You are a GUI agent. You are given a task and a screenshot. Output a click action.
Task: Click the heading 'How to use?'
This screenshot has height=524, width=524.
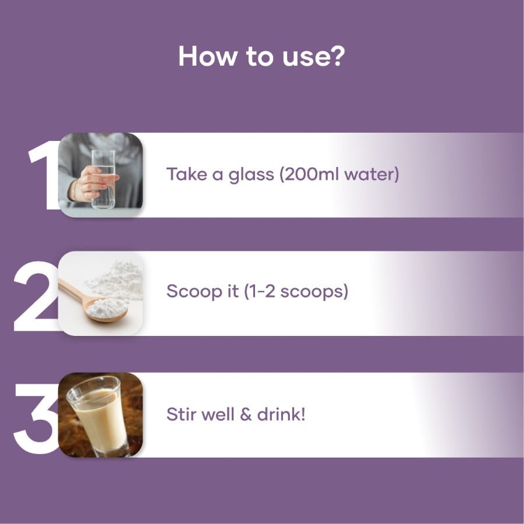coord(261,56)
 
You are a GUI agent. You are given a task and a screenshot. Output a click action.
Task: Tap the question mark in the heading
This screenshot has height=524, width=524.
coord(335,56)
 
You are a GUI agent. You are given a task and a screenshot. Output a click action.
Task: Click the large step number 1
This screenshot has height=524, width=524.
coord(44,175)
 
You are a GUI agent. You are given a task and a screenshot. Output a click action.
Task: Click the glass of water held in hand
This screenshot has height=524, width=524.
coord(103,179)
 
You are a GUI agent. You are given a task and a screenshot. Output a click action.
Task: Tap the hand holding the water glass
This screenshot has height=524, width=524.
coord(90,184)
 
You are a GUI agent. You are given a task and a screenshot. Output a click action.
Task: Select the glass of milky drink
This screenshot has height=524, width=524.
coord(97,416)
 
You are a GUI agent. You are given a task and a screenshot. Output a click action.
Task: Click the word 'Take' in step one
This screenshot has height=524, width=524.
coord(187,174)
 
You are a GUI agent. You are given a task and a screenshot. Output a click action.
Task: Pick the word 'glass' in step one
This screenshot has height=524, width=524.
coord(251,175)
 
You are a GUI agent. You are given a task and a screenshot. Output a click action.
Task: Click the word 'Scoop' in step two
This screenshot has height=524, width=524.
coord(194,291)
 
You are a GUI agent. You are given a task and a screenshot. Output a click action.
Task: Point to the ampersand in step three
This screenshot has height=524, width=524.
coord(246,415)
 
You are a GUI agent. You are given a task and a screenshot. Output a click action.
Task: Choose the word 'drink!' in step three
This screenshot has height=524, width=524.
coord(281,414)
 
